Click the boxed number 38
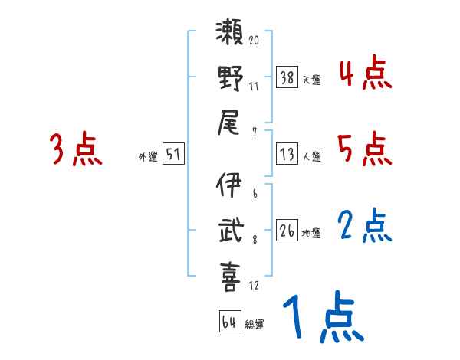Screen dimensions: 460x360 pyautogui.click(x=286, y=77)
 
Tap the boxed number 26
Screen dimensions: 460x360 pyautogui.click(x=286, y=230)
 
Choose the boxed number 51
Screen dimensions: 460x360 pyautogui.click(x=174, y=155)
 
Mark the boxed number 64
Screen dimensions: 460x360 pyautogui.click(x=229, y=322)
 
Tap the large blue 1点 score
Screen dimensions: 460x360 pyautogui.click(x=322, y=318)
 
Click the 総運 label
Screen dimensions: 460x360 pyautogui.click(x=255, y=324)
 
